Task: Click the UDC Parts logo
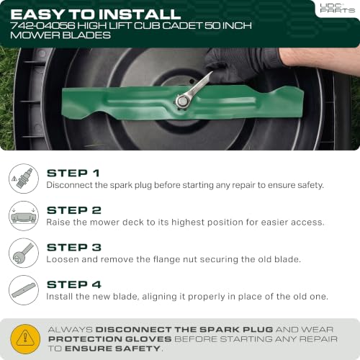pos(337,8)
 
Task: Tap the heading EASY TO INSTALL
pos(96,14)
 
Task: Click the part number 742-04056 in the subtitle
pos(42,25)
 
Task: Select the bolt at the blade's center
pos(183,102)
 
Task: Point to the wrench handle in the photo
pos(199,84)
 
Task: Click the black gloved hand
pos(238,66)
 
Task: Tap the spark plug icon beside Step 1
pos(24,179)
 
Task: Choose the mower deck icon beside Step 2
pos(24,216)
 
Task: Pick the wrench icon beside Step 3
pos(24,253)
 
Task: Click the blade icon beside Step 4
pos(24,290)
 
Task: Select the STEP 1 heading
pos(73,173)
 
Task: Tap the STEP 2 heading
pos(74,210)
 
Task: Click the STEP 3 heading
pos(74,248)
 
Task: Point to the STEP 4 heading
pos(74,284)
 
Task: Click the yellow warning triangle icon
pos(25,339)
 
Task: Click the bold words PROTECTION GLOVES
pos(110,339)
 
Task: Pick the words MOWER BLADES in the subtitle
pos(60,35)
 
